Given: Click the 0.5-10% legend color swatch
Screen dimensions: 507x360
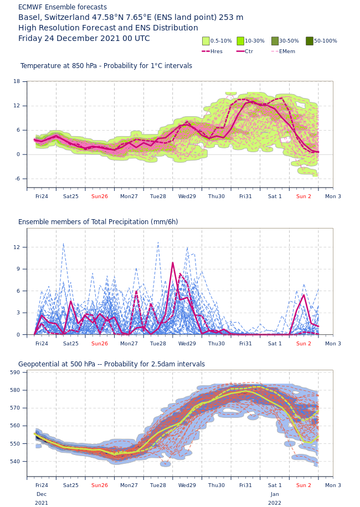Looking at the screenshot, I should (206, 41).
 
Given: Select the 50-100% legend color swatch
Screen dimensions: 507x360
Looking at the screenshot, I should (310, 41).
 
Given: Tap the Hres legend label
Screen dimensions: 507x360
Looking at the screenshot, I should (217, 51).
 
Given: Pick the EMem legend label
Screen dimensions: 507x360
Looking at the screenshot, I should (287, 51).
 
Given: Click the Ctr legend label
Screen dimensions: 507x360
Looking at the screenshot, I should (249, 51).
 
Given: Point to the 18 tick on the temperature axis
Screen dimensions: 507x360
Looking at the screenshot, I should (17, 81).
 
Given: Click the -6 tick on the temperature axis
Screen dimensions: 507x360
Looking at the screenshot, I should (17, 179).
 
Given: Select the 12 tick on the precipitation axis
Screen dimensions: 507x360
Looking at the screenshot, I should (17, 247).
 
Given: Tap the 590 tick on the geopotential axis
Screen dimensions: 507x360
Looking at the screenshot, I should (15, 373).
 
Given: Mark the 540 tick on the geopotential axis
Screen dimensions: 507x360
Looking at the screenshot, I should (15, 462).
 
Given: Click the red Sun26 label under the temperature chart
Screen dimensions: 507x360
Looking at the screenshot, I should (100, 196).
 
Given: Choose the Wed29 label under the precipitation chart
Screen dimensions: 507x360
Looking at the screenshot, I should (187, 344).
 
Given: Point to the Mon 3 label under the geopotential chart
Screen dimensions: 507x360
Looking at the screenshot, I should (333, 485).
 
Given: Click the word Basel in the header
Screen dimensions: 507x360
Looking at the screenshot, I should (29, 18).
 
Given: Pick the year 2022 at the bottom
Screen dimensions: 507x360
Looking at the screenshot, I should (275, 503).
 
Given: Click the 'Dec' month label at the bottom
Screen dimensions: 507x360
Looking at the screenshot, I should (42, 494).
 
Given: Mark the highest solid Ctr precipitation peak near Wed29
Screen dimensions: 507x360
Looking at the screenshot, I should (172, 262).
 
